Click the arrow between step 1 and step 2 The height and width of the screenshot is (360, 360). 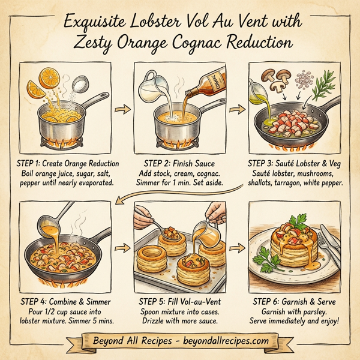coord(122,110)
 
